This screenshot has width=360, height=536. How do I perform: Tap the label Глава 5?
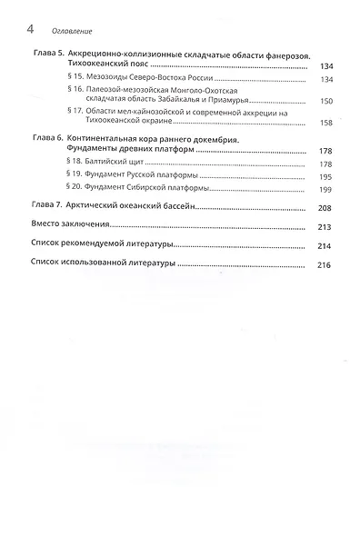click(35, 56)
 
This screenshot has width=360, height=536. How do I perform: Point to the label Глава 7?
click(35, 207)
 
